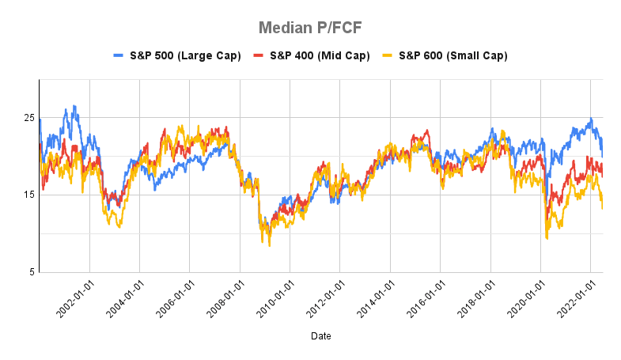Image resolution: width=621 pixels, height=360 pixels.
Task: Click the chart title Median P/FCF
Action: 310,28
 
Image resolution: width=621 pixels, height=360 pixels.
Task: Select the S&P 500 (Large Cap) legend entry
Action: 176,55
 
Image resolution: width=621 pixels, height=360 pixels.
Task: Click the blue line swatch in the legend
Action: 119,55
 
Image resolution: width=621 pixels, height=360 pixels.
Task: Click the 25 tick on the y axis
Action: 29,118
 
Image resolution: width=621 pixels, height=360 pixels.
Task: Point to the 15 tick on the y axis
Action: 29,195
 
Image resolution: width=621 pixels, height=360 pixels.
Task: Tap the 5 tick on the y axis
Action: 32,272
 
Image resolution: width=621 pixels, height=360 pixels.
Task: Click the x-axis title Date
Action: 321,336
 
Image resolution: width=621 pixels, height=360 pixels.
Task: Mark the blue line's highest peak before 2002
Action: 74,106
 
